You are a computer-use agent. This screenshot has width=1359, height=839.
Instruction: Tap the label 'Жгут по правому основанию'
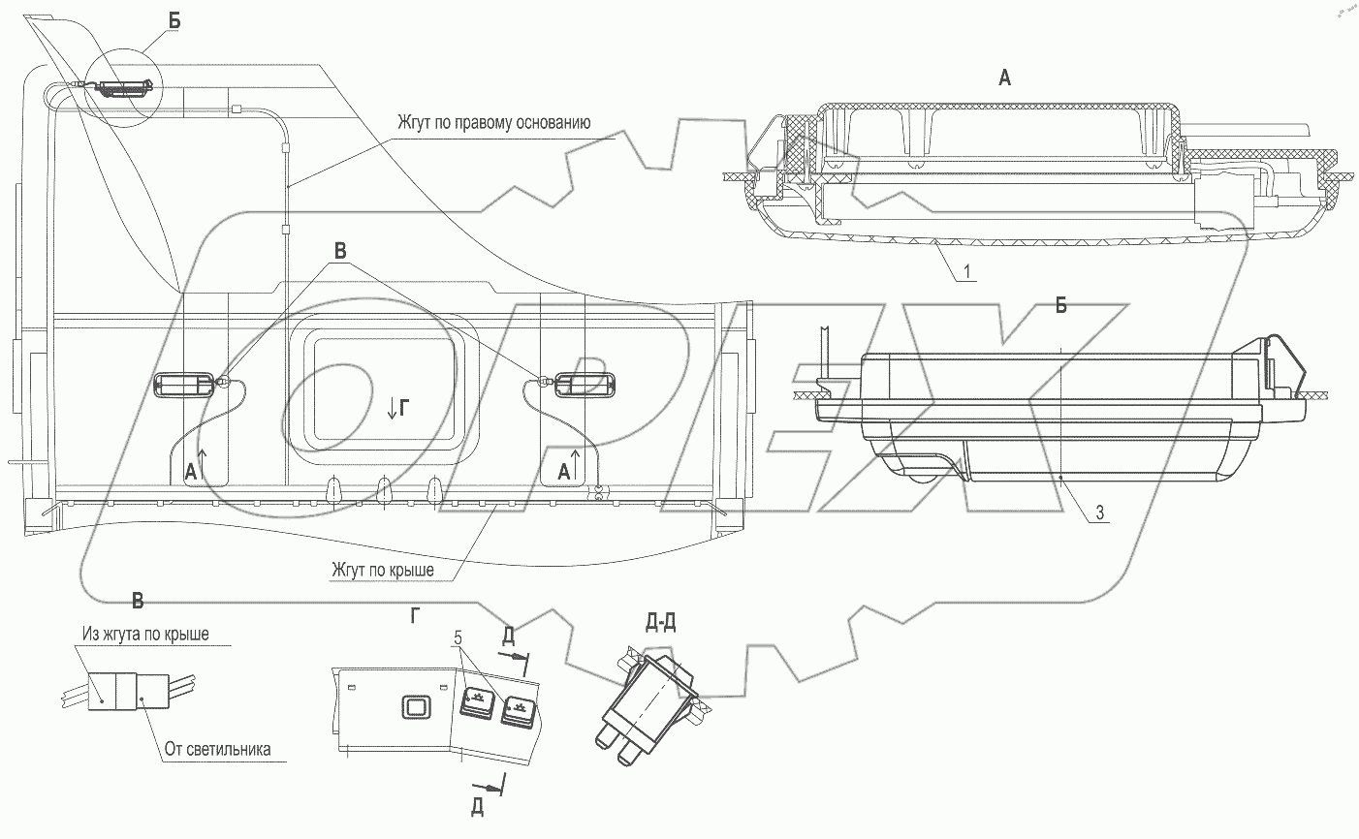(494, 123)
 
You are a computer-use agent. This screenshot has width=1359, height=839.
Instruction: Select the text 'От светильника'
(217, 748)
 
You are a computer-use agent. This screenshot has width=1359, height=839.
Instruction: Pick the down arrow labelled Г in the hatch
(396, 410)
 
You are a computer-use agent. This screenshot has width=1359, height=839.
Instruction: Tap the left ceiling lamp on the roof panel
(184, 385)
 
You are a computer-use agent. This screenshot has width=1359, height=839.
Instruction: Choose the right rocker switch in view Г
(518, 713)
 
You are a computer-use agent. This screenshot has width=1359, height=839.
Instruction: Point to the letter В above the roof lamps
(340, 248)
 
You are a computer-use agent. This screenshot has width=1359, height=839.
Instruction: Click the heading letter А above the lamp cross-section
(1005, 78)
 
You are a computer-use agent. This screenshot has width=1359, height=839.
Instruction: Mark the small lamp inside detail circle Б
(122, 88)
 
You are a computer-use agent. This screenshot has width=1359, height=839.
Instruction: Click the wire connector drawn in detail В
(115, 691)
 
